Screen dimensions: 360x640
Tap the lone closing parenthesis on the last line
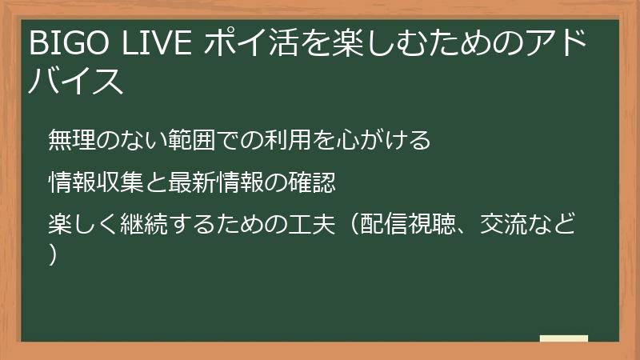tap(53, 254)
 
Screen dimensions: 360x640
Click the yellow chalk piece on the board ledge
tap(564, 338)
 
